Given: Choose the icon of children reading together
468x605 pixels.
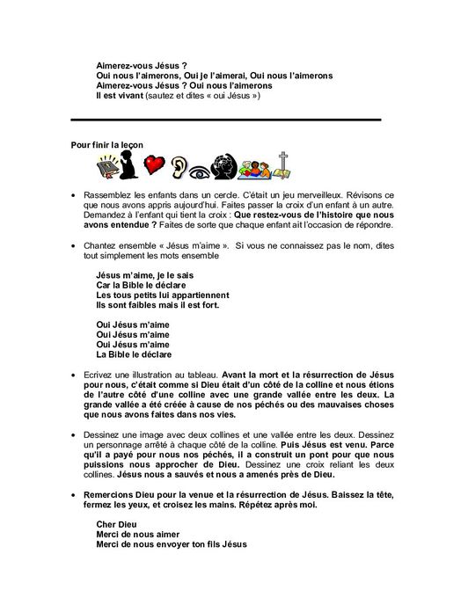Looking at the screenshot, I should [256, 166].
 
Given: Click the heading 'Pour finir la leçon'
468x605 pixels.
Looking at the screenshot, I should [105, 143].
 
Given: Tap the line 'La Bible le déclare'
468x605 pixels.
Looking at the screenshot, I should [134, 354].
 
